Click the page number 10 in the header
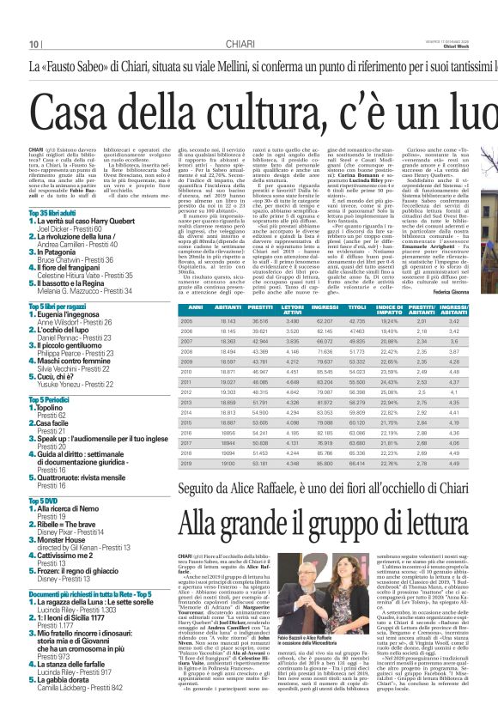35,44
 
